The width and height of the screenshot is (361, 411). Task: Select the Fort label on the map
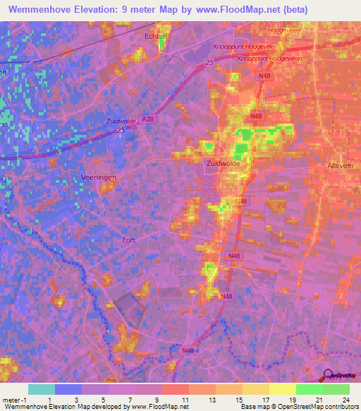[x=128, y=239]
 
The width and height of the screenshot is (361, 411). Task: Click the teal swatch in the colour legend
[x=42, y=389]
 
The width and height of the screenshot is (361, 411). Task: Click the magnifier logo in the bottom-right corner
[x=328, y=376]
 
